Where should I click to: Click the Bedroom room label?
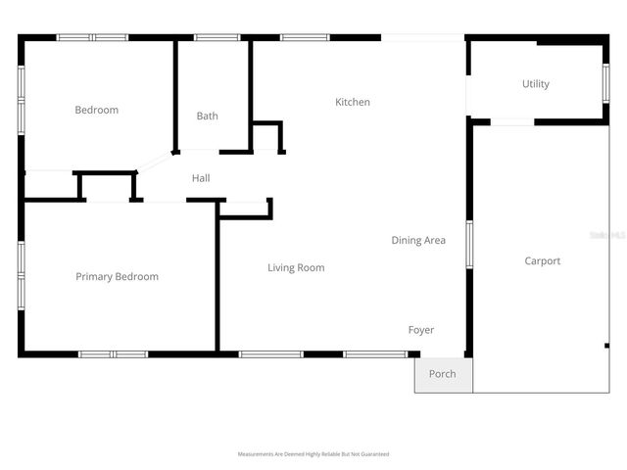[96, 110]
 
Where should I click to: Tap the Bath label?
[207, 116]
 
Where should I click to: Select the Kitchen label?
[353, 102]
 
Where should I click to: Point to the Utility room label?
[535, 84]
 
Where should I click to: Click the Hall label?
[201, 178]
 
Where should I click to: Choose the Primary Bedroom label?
[117, 277]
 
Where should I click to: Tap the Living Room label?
[296, 267]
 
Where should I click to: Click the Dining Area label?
[418, 240]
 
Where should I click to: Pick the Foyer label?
[421, 330]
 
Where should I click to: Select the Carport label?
[542, 260]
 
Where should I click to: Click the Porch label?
[442, 373]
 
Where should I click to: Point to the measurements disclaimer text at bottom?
[313, 454]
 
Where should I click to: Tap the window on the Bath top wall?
[217, 38]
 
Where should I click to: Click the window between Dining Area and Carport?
[468, 244]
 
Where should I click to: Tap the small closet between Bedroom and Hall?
[107, 186]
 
